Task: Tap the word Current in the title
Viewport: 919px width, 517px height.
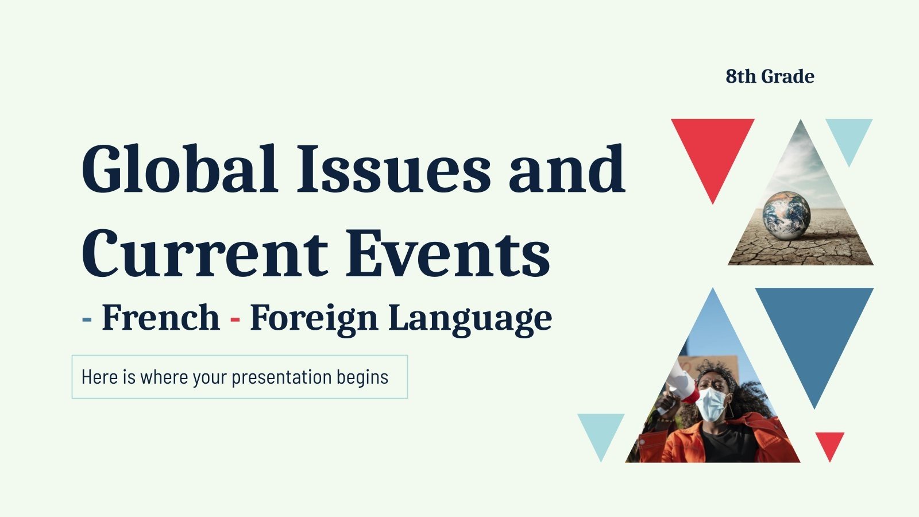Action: pos(204,253)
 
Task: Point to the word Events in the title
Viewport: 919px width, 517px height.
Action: pos(448,253)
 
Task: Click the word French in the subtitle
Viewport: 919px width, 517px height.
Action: pos(160,317)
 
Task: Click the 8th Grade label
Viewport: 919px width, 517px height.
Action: pos(770,76)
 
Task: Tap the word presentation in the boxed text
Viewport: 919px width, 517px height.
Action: pos(281,377)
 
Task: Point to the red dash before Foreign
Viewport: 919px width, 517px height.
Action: pos(235,318)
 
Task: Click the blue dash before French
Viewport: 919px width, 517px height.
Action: pos(87,318)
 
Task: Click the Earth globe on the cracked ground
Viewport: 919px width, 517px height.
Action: pos(786,213)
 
